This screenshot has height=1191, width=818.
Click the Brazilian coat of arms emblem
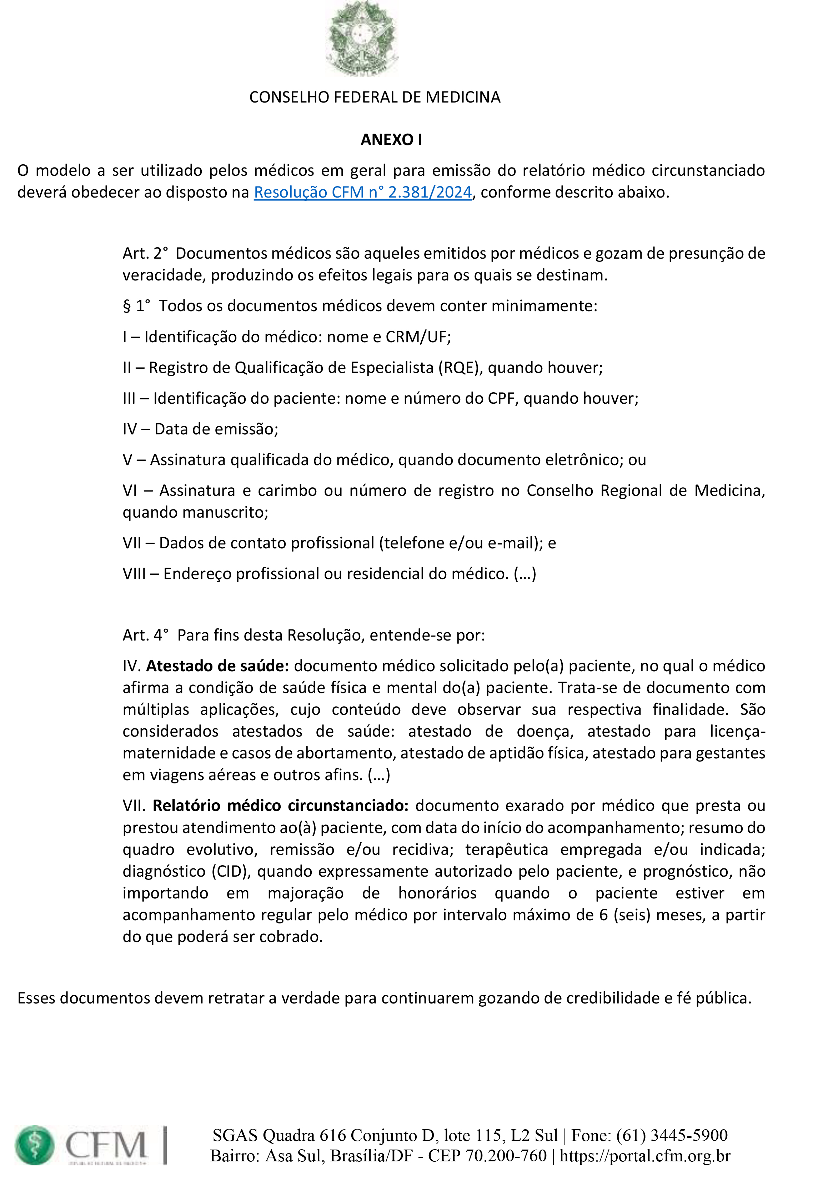coord(362,39)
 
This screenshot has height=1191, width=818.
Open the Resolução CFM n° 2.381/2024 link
coord(362,192)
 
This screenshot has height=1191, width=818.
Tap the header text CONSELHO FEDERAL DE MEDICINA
coord(375,98)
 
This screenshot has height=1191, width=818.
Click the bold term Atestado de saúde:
coord(217,666)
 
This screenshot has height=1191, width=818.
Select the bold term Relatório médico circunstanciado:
coord(280,806)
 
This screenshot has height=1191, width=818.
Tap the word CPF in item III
coord(500,398)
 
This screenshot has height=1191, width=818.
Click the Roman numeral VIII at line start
coord(134,574)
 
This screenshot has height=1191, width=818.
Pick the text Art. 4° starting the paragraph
coord(145,635)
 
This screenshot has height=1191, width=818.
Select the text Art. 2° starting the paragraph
coord(145,253)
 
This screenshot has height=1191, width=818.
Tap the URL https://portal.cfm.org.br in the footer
coord(645,1156)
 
